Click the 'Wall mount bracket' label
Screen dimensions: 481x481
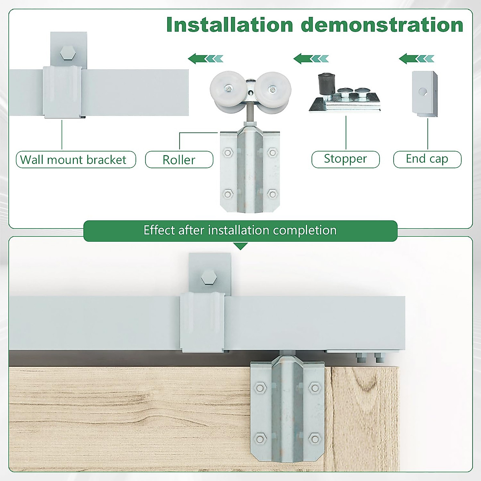click(76, 160)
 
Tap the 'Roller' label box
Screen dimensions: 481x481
click(179, 160)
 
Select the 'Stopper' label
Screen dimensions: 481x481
click(345, 159)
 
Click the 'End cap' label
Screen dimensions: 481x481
click(427, 159)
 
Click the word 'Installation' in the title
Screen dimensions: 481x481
click(230, 25)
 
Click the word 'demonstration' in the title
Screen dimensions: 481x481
click(382, 25)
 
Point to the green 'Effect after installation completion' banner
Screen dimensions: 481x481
click(240, 230)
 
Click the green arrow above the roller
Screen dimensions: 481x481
click(205, 59)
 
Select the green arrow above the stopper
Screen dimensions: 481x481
click(311, 59)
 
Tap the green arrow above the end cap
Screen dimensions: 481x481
click(416, 59)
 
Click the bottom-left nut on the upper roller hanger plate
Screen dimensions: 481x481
click(228, 194)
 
